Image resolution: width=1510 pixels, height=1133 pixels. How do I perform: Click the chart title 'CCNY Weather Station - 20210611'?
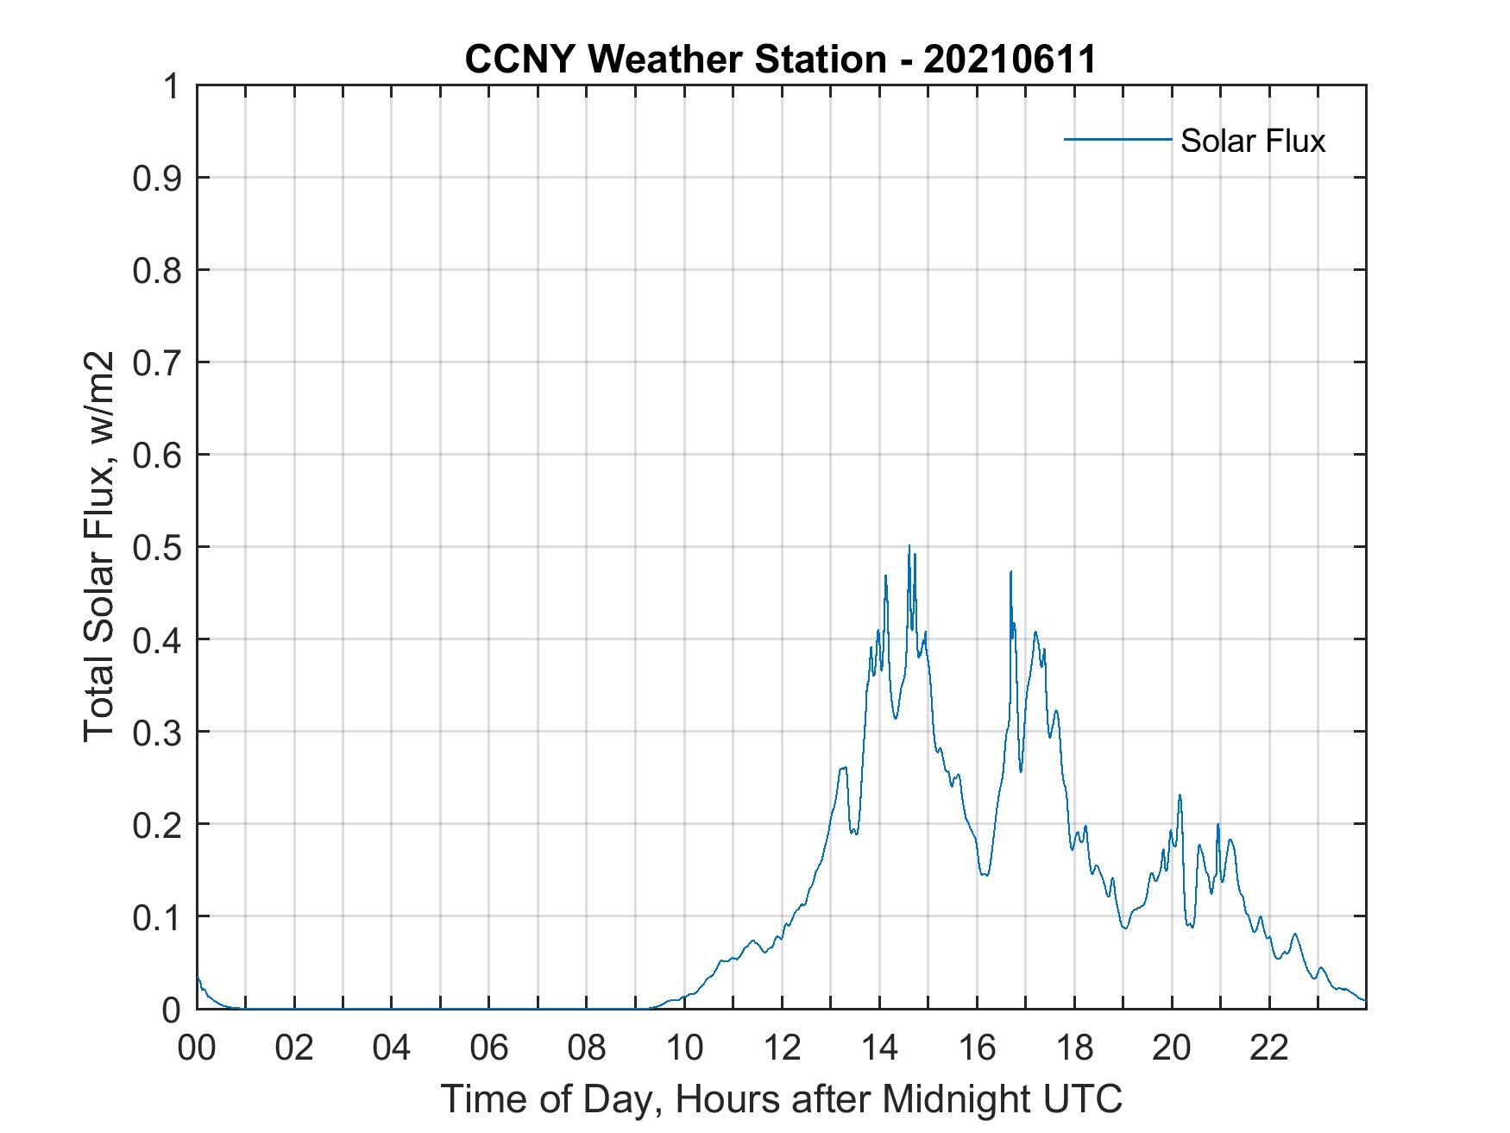pos(780,60)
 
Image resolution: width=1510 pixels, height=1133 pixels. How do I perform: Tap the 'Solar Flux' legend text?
pos(1252,141)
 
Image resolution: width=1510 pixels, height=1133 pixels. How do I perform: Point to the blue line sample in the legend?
pos(1117,139)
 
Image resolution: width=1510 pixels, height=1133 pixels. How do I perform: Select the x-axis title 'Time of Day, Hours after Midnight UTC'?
pos(782,1099)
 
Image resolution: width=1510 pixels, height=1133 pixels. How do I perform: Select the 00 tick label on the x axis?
pos(197,1048)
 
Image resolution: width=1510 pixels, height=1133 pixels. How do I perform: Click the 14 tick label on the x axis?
pos(879,1048)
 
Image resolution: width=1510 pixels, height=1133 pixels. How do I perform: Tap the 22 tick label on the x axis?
pos(1269,1048)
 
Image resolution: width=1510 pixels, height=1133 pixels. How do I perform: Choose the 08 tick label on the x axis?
pos(587,1048)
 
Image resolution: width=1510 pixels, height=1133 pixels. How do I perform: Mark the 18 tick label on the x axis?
pos(1074,1048)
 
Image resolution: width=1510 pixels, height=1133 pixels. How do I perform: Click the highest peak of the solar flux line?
pos(909,546)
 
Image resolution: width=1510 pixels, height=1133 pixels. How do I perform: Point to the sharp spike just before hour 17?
pos(1010,572)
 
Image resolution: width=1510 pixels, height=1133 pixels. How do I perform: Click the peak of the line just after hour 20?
pos(1180,796)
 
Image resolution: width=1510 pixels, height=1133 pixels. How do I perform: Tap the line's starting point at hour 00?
pos(198,976)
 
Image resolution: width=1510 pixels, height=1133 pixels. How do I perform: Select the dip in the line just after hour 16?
pos(985,875)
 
